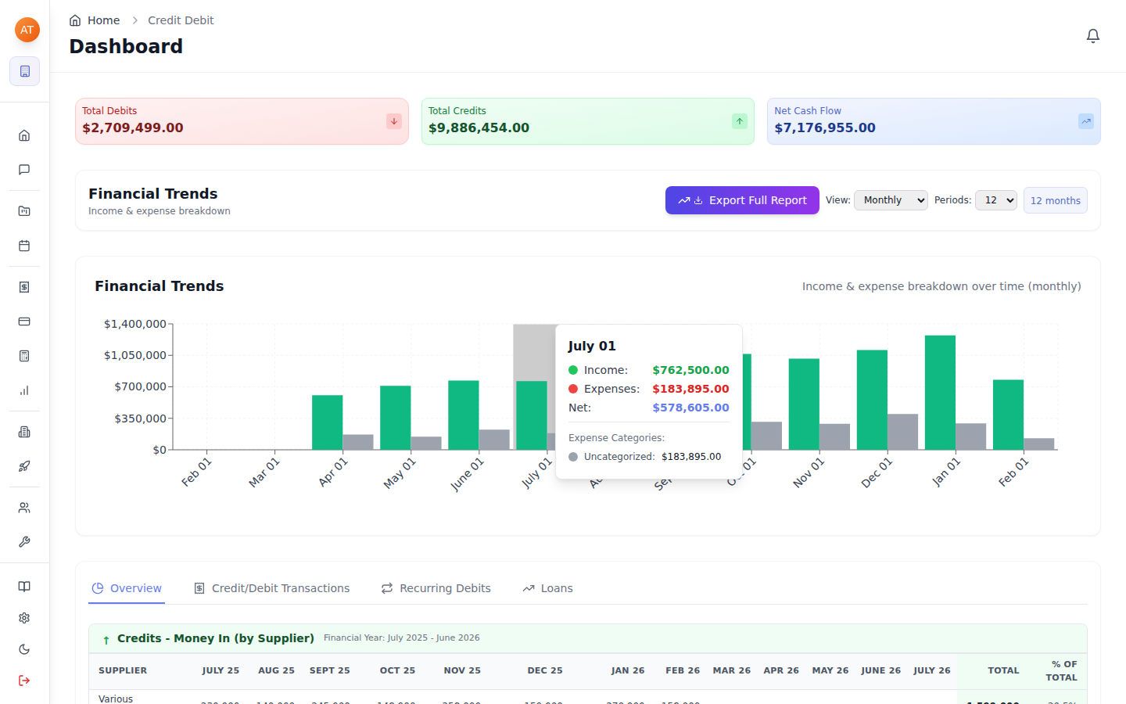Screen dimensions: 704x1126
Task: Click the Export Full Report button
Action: (742, 200)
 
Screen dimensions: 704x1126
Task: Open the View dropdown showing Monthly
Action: (891, 200)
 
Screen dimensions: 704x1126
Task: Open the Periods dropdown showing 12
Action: (995, 200)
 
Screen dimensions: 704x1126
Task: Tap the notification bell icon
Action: (1093, 36)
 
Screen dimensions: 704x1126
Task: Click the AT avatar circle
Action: (27, 30)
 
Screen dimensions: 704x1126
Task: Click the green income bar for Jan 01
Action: (940, 393)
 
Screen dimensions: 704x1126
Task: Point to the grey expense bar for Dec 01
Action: (902, 432)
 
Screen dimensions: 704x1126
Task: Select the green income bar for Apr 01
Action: (327, 422)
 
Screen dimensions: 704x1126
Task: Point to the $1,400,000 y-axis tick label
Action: (134, 324)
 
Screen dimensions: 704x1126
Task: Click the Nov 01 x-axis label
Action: (809, 473)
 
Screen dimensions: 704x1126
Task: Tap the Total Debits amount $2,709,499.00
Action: (133, 128)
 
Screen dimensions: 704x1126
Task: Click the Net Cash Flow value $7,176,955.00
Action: (825, 128)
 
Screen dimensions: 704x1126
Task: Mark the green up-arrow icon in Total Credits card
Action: (740, 121)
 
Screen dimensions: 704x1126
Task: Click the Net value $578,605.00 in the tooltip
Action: (690, 408)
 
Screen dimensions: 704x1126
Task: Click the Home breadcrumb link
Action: (103, 20)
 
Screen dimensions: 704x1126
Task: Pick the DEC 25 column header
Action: (545, 670)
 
